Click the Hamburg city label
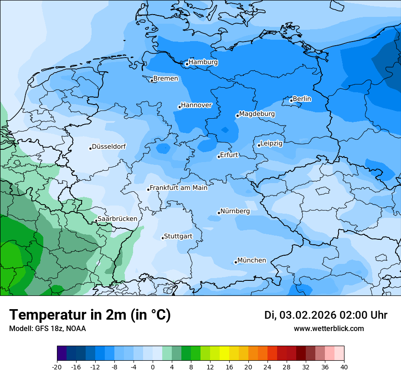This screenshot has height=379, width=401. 203,62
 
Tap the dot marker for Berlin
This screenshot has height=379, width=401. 291,101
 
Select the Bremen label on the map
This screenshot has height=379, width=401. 166,79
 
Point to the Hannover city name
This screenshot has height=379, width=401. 196,105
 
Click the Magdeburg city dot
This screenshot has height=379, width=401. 237,116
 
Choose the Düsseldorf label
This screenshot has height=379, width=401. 109,147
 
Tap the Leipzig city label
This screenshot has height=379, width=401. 272,144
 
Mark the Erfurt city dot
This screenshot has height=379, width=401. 219,157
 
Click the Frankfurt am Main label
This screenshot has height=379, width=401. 179,188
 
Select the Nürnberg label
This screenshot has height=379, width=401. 235,211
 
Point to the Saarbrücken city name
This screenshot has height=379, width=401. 118,219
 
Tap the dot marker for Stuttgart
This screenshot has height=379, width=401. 163,238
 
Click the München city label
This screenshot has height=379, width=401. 252,260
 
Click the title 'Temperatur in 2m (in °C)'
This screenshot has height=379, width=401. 90,315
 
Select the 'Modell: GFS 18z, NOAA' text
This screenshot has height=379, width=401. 47,329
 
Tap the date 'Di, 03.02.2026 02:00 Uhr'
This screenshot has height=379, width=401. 326,315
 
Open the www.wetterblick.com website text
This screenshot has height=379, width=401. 329,329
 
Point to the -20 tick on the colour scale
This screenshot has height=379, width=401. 57,367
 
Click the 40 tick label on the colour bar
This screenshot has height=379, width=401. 344,367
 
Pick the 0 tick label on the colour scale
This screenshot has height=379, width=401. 153,367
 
